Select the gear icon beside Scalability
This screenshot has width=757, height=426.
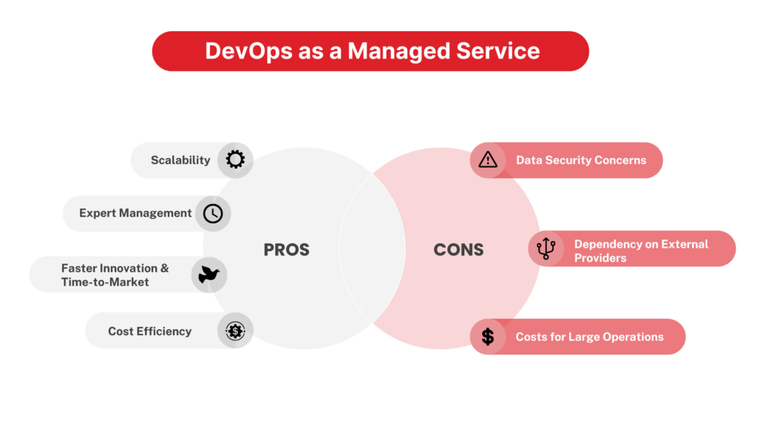pyautogui.click(x=235, y=160)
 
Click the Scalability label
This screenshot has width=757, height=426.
pyautogui.click(x=180, y=160)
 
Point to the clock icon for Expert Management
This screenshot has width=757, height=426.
pyautogui.click(x=213, y=213)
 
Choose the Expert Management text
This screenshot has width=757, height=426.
pyautogui.click(x=135, y=213)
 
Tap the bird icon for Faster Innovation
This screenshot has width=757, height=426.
pyautogui.click(x=208, y=274)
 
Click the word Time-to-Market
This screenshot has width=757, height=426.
pyautogui.click(x=105, y=282)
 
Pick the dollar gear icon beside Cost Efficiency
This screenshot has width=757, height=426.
pyautogui.click(x=235, y=331)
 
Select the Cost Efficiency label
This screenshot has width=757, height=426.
pyautogui.click(x=149, y=331)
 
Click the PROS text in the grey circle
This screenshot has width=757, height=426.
pyautogui.click(x=286, y=250)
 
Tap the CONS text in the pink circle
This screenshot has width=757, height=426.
pyautogui.click(x=458, y=250)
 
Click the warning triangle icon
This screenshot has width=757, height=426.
pyautogui.click(x=488, y=160)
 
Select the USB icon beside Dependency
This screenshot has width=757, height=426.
pyautogui.click(x=546, y=248)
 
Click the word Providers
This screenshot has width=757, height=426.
pyautogui.click(x=600, y=258)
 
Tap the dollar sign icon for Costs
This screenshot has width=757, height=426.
pyautogui.click(x=488, y=337)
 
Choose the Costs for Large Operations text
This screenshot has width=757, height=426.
pyautogui.click(x=589, y=337)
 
